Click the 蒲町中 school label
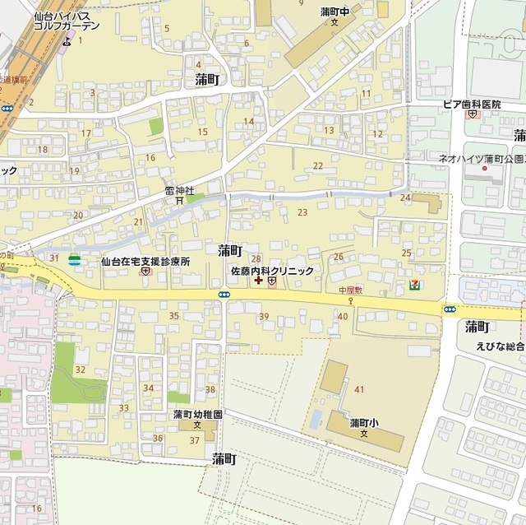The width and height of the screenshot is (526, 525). [335, 12]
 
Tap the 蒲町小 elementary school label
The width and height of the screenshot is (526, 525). [363, 423]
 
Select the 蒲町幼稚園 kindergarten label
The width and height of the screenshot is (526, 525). [197, 415]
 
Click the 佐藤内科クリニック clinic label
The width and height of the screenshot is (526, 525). [271, 270]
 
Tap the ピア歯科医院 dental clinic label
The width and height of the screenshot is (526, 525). [472, 105]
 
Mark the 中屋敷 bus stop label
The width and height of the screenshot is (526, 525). [350, 290]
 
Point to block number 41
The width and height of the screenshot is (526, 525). [359, 388]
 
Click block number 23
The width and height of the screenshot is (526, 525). [302, 212]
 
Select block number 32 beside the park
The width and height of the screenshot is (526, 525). [80, 369]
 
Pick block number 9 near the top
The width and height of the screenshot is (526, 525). [301, 27]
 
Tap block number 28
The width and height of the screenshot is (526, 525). [256, 258]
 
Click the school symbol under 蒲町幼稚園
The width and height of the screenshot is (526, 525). [197, 425]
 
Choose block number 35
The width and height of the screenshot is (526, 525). [173, 316]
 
